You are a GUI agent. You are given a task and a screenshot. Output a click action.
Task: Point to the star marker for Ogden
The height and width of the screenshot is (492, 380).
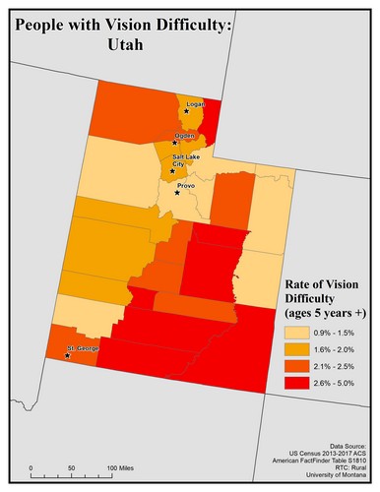pos(175,143)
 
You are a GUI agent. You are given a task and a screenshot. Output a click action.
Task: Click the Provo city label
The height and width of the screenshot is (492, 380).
pos(186,184)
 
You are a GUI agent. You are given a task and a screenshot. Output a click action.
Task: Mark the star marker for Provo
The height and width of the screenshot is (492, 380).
pos(177,192)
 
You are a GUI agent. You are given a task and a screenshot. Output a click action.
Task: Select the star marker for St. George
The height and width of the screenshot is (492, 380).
pos(66,356)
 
